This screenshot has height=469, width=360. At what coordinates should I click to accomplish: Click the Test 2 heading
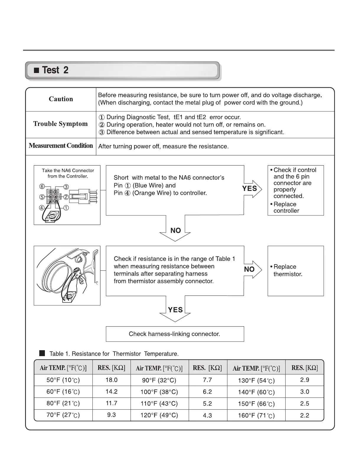[x=55, y=70]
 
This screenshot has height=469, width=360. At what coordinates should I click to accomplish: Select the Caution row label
[x=61, y=99]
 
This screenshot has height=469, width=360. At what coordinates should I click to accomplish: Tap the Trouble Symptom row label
[x=61, y=124]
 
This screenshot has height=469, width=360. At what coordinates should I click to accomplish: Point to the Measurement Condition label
[x=61, y=146]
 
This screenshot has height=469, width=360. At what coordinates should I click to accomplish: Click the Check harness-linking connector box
[x=175, y=334]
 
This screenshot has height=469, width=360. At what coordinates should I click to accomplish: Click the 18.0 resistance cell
[x=111, y=380]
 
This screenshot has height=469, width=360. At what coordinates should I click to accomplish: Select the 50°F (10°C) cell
[x=63, y=380]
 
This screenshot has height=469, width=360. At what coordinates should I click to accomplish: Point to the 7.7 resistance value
[x=207, y=380]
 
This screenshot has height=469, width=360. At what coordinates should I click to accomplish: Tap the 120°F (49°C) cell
[x=159, y=415]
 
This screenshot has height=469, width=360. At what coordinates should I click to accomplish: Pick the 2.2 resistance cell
[x=304, y=415]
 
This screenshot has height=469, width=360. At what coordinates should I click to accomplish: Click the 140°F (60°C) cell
[x=256, y=392]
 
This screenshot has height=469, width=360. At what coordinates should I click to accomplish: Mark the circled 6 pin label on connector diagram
[x=42, y=186]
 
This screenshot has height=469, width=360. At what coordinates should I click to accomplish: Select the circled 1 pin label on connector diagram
[x=66, y=208]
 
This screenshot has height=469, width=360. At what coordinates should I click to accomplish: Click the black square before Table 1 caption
[x=42, y=353]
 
